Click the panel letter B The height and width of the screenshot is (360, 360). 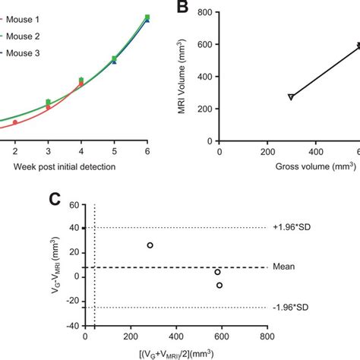point(185,10)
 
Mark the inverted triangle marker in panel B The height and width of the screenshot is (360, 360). point(291,97)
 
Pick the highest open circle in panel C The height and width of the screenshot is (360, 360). point(150,245)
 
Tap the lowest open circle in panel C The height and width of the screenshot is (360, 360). point(219,286)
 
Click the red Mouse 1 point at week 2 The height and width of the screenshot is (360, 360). point(14,122)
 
